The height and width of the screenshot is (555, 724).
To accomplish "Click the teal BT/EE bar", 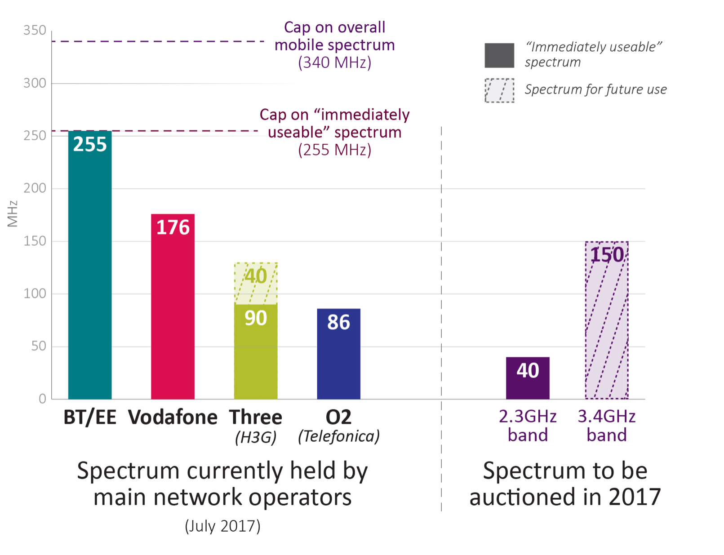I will point(90,270).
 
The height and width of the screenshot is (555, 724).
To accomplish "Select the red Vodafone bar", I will point(173,310).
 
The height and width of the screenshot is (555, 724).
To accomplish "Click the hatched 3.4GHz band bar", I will point(607,324).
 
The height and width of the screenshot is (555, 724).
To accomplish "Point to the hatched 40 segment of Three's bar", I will point(256,283).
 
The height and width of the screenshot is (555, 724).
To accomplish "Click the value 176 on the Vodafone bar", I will point(173,227).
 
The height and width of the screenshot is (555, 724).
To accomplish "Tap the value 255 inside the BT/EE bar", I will point(90,144).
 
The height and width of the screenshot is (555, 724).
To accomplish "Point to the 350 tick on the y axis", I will point(35,30).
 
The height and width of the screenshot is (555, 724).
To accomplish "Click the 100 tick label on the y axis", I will point(35,293).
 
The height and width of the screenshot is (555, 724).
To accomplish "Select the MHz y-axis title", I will point(13,214).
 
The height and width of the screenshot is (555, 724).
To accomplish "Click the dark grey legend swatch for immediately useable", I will point(499,55).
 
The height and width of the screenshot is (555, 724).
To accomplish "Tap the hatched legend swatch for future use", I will point(499,90).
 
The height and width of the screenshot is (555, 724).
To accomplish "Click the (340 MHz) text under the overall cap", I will point(334,62).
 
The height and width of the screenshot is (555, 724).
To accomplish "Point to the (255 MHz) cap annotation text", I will point(334,150).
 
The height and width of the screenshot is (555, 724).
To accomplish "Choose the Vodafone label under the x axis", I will point(173,417).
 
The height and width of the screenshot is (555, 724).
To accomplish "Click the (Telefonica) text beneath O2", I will point(338,436).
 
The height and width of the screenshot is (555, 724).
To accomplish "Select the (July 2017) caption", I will point(222,526).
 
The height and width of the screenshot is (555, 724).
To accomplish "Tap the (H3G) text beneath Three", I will point(255,437).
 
